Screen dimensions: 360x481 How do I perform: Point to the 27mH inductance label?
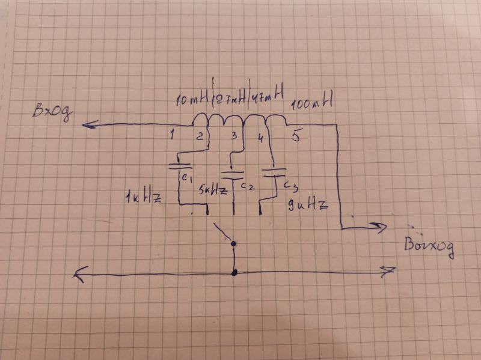(x=230, y=99)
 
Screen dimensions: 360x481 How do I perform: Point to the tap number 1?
(x=173, y=135)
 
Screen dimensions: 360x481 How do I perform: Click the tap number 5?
(x=295, y=136)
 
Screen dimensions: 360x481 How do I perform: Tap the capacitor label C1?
(x=185, y=178)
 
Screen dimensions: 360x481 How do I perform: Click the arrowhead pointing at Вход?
(x=88, y=124)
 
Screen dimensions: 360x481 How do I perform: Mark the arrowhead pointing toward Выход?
(x=380, y=227)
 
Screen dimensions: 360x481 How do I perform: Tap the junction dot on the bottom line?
(x=234, y=273)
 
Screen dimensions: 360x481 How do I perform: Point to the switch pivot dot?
(x=234, y=244)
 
